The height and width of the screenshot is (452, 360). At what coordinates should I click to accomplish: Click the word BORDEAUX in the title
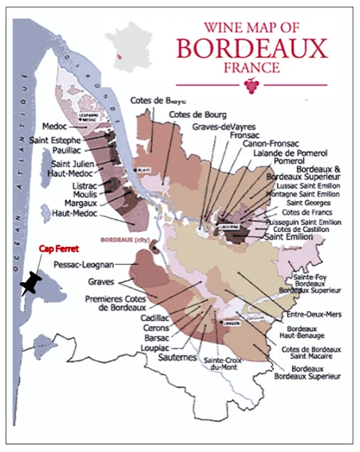pos(251,49)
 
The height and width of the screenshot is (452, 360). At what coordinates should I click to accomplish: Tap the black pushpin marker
pos(32,283)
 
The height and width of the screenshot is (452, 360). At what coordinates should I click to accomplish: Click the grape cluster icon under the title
pos(249,86)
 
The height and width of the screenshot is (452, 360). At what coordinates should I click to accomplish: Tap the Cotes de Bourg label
pos(196,114)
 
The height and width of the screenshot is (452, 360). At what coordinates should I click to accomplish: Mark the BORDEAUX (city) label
pos(119,241)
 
